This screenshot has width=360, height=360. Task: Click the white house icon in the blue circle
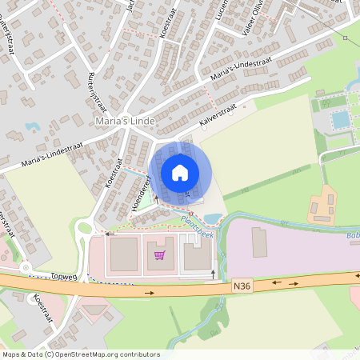180,172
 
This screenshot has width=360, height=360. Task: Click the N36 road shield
242,284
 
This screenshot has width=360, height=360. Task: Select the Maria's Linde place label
123,121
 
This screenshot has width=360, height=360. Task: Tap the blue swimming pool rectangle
340,119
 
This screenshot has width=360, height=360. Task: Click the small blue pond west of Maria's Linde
33,126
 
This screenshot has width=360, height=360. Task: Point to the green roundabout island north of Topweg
83,228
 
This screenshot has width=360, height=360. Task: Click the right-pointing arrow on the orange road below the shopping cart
149,294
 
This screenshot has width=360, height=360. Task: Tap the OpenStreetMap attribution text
81,354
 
